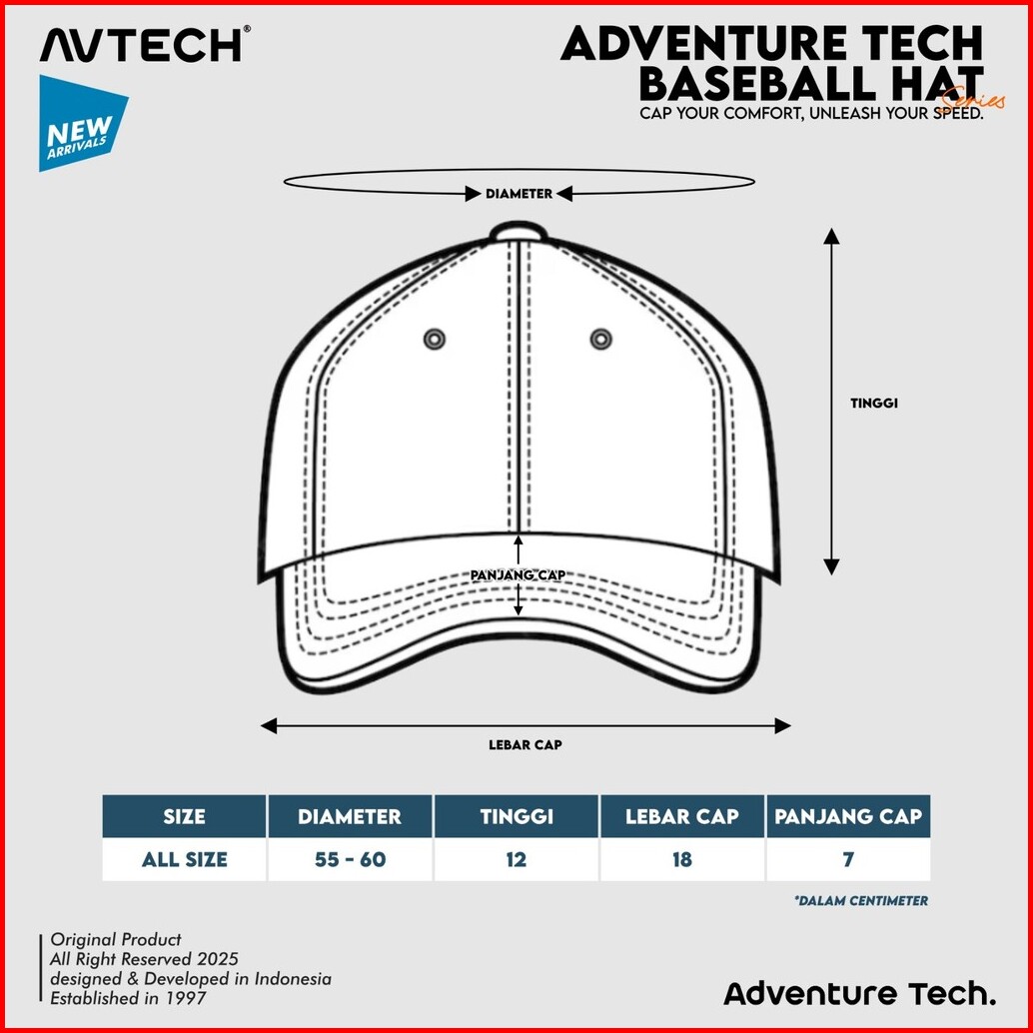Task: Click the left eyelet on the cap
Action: click(x=434, y=339)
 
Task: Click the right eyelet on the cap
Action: click(x=600, y=339)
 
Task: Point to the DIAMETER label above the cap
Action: click(x=518, y=194)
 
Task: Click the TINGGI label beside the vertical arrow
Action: click(x=874, y=404)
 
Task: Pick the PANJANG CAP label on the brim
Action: click(x=518, y=574)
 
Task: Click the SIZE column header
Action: click(x=185, y=816)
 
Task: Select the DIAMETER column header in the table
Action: click(x=350, y=816)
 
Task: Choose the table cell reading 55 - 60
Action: click(x=350, y=859)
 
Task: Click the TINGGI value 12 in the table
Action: click(x=516, y=859)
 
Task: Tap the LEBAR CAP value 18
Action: click(x=682, y=859)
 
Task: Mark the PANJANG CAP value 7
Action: click(x=848, y=859)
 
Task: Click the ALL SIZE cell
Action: click(x=185, y=859)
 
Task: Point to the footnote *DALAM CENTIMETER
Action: click(x=861, y=901)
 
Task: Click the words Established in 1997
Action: click(x=131, y=998)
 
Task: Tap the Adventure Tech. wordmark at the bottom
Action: click(x=859, y=994)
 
